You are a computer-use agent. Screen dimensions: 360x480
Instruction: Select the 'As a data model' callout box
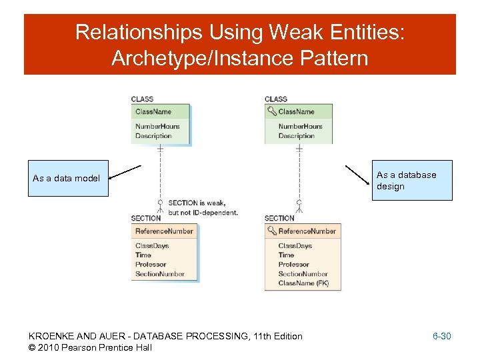click(67, 178)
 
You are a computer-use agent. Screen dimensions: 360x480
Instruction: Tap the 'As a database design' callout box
click(413, 180)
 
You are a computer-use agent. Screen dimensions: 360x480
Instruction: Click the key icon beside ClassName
click(271, 111)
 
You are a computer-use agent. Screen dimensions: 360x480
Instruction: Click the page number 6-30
click(441, 336)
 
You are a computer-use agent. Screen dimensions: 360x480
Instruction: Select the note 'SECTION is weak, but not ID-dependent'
click(203, 207)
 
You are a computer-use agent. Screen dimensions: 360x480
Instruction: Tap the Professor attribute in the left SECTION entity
click(151, 265)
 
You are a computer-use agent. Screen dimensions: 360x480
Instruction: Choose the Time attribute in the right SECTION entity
click(286, 255)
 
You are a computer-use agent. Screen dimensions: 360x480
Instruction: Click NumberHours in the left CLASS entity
click(157, 126)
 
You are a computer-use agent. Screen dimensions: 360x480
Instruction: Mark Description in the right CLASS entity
click(296, 136)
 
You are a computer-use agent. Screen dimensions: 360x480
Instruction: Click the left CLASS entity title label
click(142, 99)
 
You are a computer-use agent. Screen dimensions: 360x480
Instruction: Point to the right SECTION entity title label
click(279, 218)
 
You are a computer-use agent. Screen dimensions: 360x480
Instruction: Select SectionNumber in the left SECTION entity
click(160, 274)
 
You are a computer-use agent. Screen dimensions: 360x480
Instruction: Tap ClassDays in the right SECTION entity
click(295, 246)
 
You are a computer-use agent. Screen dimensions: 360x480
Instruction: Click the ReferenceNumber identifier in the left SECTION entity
click(164, 231)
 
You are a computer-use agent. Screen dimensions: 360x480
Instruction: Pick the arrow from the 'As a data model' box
click(125, 172)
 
